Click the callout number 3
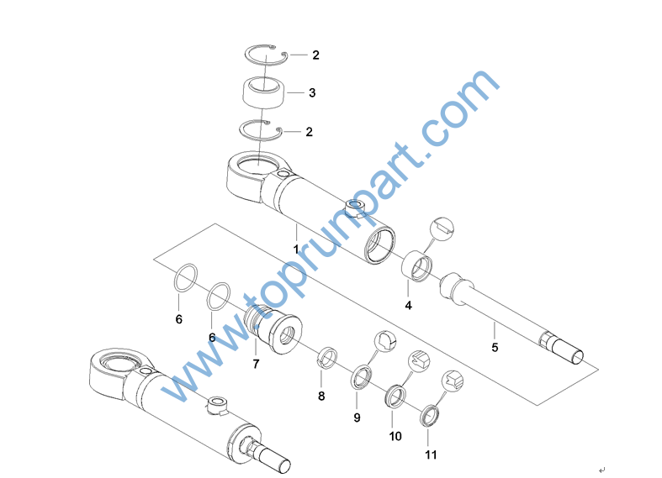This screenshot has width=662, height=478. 312,92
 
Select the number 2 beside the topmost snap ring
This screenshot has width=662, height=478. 315,55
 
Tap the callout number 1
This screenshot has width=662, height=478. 296,250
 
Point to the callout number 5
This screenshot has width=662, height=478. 495,347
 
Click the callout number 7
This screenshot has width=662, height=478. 256,364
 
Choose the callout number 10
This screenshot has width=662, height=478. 395,436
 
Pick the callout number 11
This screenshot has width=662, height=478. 431,454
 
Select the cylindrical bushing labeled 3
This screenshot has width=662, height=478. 263,92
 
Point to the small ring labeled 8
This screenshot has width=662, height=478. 327,357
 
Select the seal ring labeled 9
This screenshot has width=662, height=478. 362,378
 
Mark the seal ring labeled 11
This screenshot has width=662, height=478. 429,416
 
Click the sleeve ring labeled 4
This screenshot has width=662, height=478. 416,267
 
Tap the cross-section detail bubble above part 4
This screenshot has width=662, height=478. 442,229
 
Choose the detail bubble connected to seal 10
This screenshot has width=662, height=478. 419,361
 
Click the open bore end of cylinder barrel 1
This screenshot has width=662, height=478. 380,245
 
